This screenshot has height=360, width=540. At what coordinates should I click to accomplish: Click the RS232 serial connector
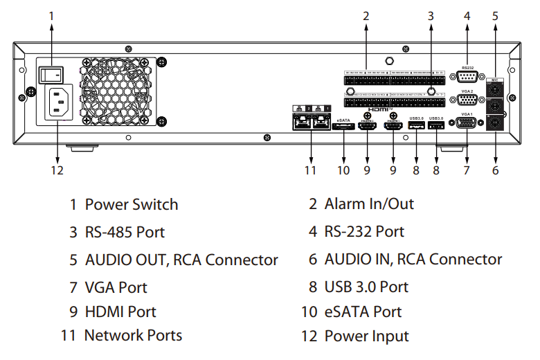point(467,77)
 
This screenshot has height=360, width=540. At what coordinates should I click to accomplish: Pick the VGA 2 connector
point(467,99)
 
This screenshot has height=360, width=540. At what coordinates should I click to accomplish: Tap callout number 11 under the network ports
point(310,170)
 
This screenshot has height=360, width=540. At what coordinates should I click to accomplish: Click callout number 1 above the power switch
point(51,15)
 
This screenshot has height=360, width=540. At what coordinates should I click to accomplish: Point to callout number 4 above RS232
point(467,15)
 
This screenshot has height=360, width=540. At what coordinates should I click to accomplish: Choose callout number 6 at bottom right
point(496,170)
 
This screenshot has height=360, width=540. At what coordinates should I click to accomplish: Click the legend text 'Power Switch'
point(131,205)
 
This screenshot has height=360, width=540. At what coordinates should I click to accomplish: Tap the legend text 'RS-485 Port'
point(125,232)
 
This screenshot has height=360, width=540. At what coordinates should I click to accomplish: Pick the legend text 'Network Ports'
point(133,336)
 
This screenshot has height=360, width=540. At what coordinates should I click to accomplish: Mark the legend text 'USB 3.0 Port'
point(366,287)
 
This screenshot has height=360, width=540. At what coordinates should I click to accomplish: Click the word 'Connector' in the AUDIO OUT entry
point(242,260)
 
